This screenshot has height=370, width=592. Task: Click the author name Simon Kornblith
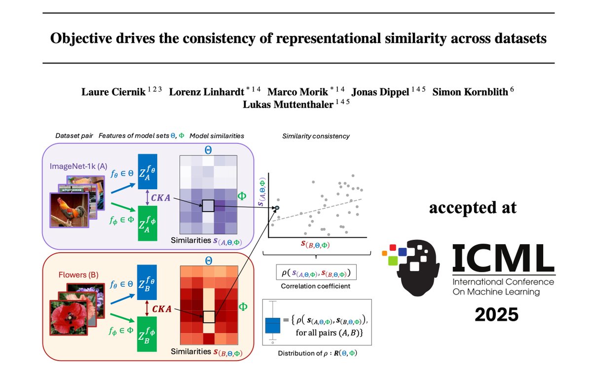470,92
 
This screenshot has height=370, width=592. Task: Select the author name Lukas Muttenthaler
288,105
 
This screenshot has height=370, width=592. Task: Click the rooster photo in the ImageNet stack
69,210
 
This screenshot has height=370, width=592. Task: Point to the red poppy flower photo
69,318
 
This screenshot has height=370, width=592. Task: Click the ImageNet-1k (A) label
78,166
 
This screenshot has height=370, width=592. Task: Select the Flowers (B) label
78,275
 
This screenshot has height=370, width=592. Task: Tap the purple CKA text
160,198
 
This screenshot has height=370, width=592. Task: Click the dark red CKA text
162,309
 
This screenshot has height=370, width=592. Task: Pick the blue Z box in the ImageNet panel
148,172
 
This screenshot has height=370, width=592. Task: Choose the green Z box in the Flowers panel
147,334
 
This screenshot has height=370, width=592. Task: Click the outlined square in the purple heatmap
208,206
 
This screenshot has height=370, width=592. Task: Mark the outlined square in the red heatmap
209,317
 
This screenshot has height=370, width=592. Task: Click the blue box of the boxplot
272,326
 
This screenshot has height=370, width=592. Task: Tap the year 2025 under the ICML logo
497,315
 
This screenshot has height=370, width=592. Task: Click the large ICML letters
504,258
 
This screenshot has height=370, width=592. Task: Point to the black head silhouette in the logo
417,267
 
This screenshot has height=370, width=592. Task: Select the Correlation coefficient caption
316,286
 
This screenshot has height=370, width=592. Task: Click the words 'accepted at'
473,208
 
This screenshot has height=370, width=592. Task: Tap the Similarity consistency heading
316,136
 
